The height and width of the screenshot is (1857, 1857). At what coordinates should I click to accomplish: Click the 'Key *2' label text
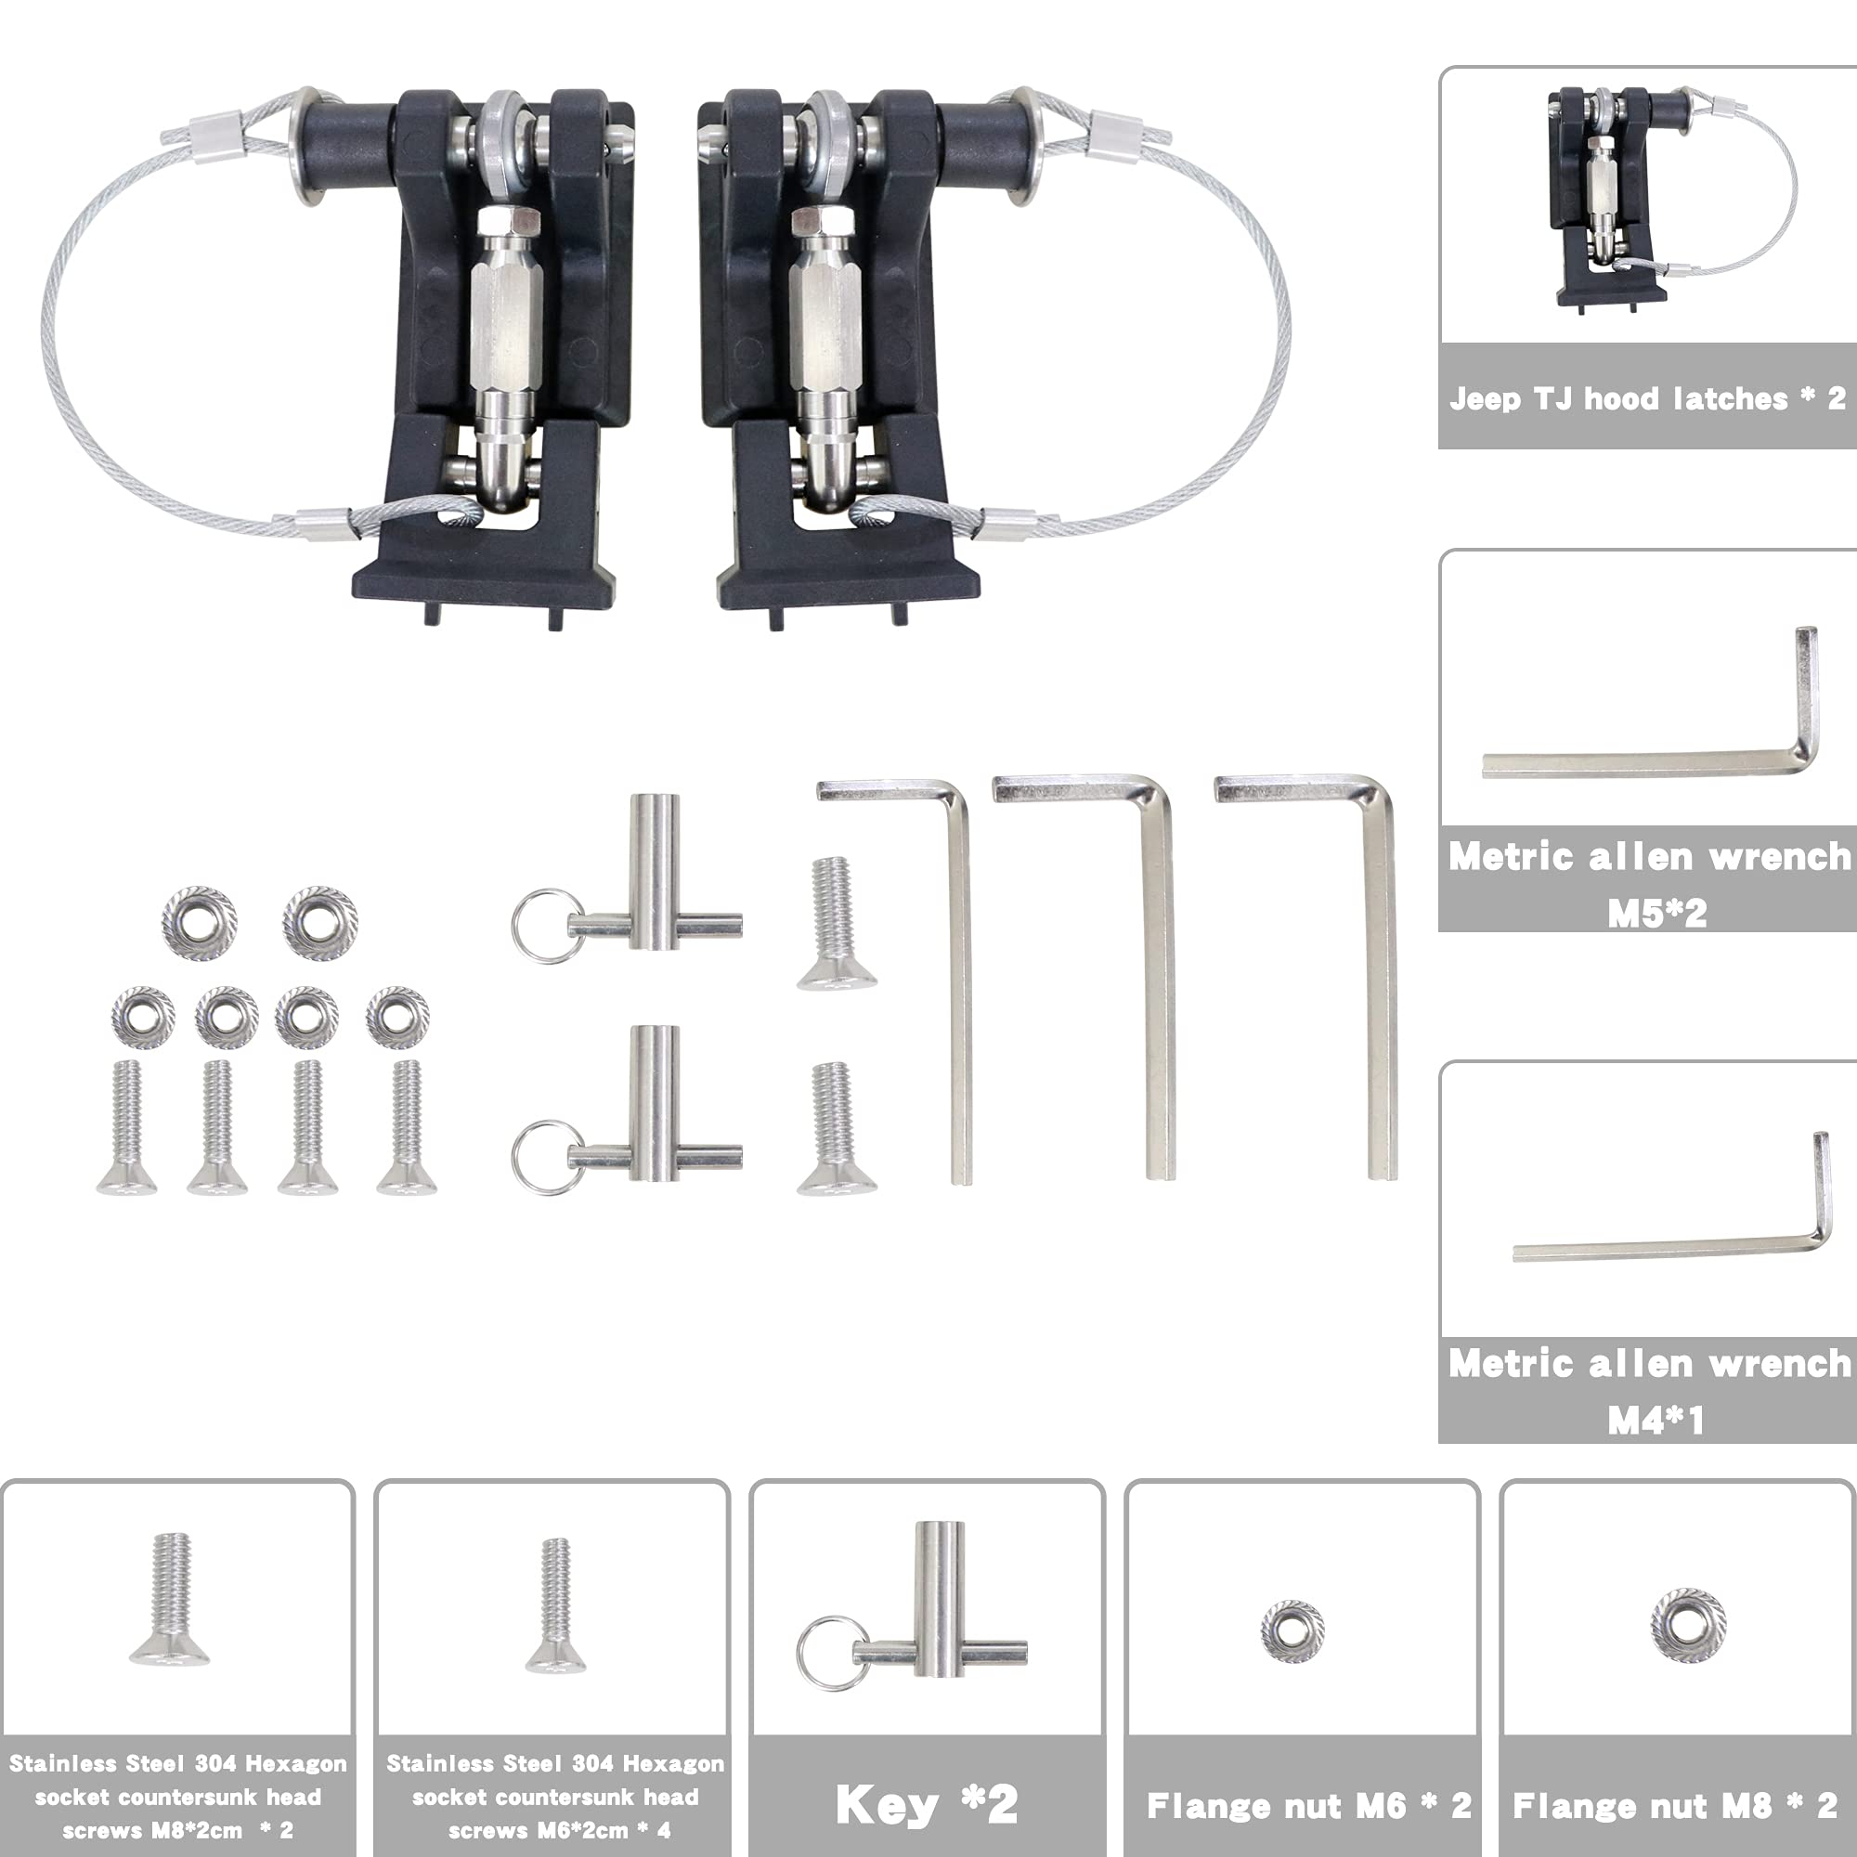point(926,1804)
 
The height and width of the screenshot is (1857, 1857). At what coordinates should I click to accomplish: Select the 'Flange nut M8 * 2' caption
point(1675,1805)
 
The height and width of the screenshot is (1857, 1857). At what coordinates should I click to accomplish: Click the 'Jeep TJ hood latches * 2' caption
point(1647,398)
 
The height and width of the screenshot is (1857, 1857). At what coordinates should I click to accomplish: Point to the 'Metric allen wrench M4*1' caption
point(1649,1391)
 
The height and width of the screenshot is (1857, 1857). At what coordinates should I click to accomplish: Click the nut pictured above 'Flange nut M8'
point(1688,1624)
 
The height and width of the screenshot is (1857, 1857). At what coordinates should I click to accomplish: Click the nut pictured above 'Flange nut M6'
point(1292,1630)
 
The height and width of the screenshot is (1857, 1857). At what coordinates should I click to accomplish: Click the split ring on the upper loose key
point(545,926)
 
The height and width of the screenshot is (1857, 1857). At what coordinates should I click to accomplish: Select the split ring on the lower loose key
point(545,1157)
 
